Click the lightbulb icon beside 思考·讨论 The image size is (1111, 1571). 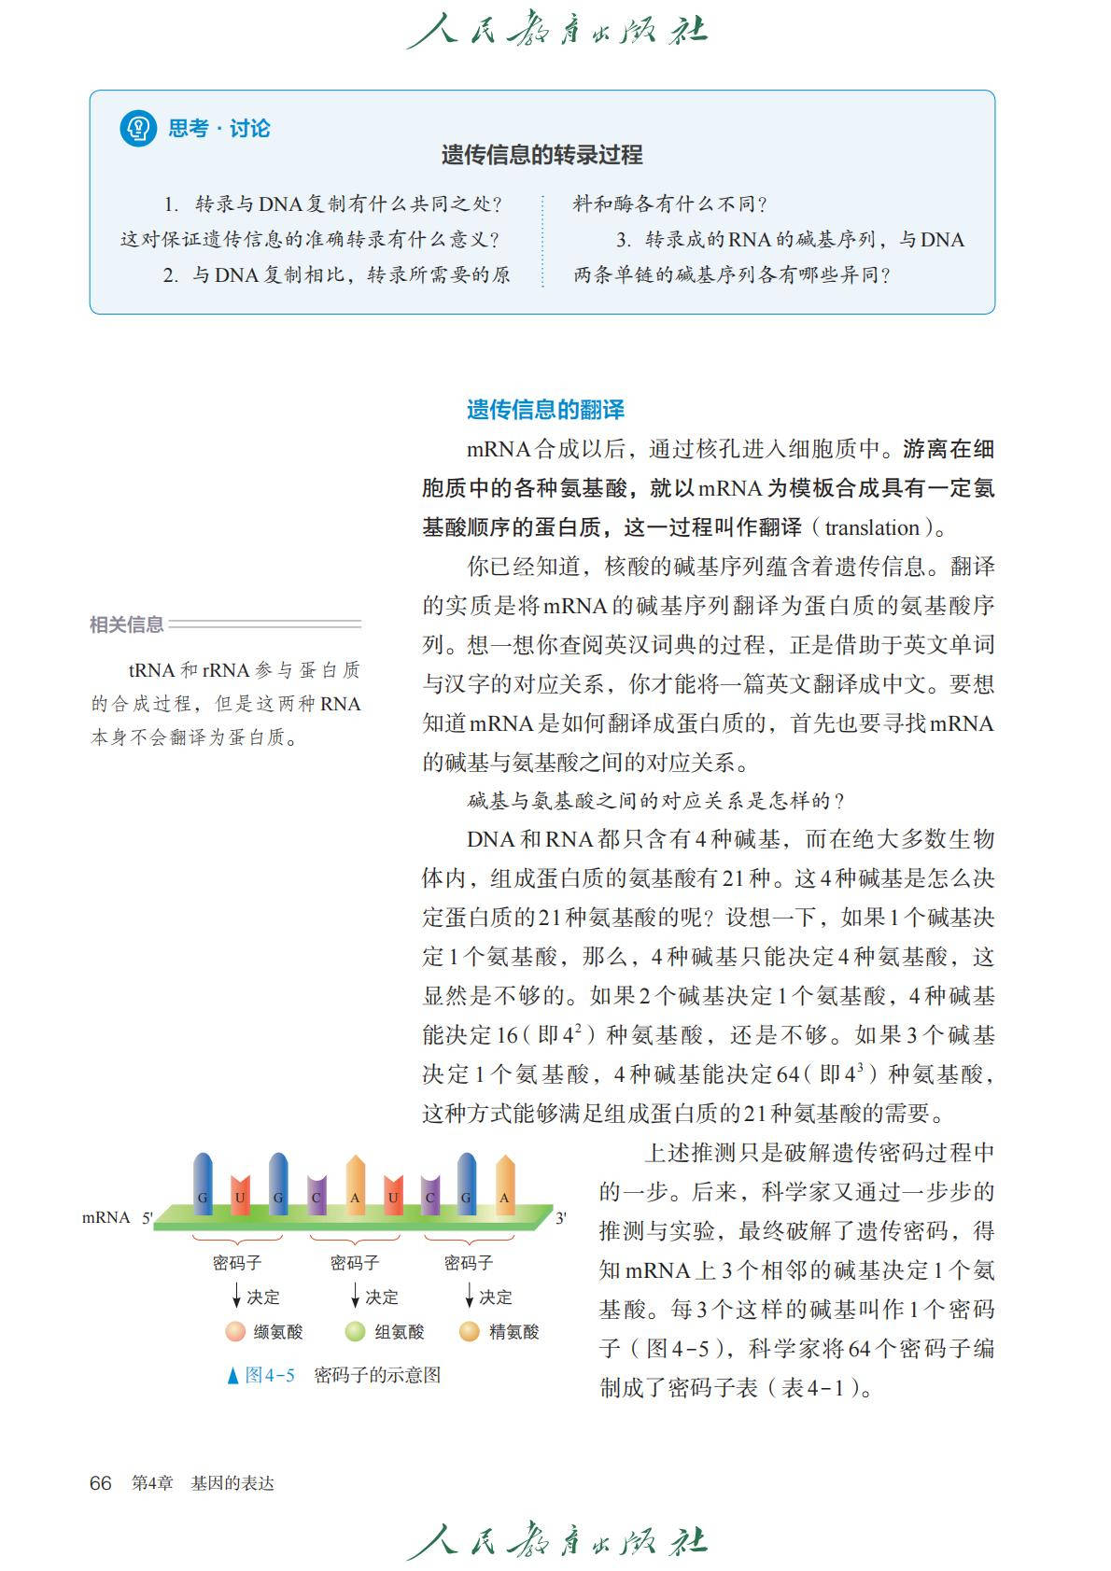point(138,128)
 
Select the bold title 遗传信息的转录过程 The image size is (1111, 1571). point(541,155)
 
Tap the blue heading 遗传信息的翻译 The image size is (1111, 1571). point(545,409)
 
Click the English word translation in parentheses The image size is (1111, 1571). point(872,527)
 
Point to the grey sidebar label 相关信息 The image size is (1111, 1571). point(126,624)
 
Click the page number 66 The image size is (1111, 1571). point(100,1483)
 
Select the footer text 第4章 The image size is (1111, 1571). point(152,1483)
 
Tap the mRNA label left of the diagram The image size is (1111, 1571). point(105,1217)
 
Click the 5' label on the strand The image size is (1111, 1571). point(147,1218)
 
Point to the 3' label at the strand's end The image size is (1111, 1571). point(561,1218)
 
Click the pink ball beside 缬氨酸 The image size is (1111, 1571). point(235,1332)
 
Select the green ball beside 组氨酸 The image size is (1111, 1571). point(355,1332)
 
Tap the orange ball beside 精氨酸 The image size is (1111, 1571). point(470,1332)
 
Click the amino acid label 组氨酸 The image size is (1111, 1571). point(399,1332)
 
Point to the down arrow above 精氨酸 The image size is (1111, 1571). point(469,1296)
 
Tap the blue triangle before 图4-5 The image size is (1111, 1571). point(232,1376)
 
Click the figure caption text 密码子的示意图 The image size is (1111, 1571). point(377,1375)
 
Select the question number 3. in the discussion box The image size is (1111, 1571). point(623,240)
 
